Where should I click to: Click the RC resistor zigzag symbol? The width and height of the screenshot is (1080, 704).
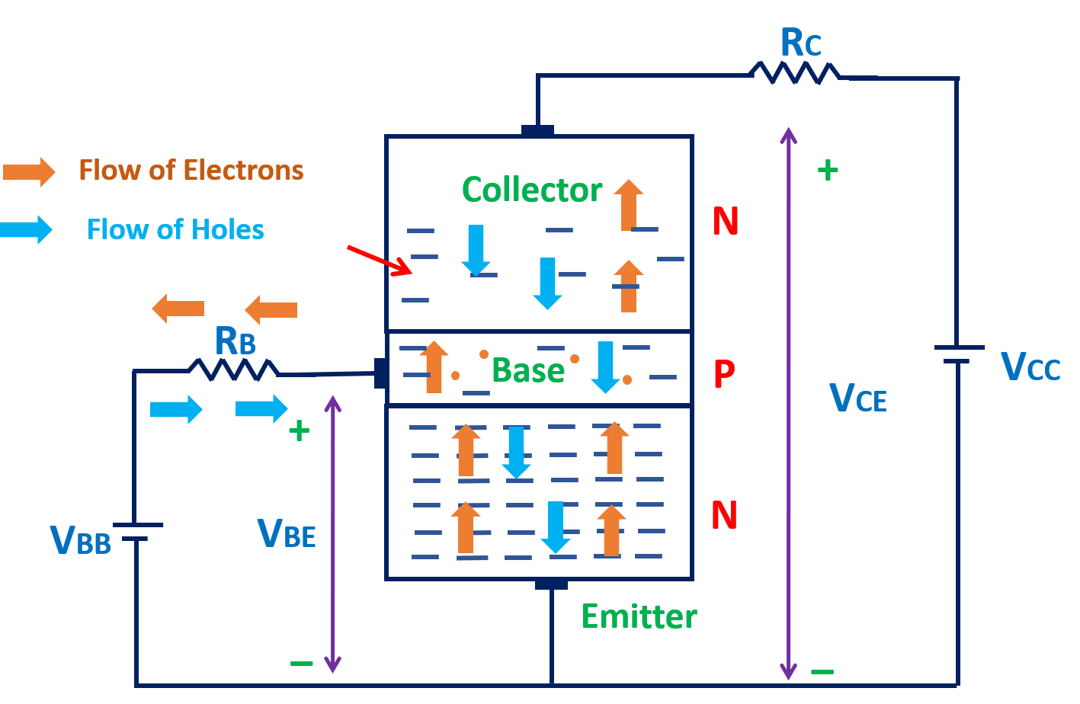tap(794, 72)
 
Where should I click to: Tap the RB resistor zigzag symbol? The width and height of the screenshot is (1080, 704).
tap(233, 370)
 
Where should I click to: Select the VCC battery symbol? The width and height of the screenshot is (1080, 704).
tap(957, 354)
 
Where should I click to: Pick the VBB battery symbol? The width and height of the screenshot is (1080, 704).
tap(136, 532)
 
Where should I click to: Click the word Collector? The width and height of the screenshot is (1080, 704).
tap(531, 190)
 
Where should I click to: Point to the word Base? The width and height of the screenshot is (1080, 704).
tap(527, 371)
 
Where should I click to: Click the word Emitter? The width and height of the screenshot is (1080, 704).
tap(639, 616)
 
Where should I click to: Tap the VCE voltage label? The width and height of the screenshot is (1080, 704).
tap(857, 397)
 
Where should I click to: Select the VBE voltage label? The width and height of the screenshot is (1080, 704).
tap(287, 533)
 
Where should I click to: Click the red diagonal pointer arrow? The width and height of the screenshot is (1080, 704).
tap(380, 260)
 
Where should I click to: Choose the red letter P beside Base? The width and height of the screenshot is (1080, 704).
tap(724, 373)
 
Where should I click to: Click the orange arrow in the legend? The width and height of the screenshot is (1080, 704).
tap(28, 171)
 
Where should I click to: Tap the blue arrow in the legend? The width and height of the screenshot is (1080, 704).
tap(27, 229)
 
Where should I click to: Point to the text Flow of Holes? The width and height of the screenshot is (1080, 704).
tap(175, 229)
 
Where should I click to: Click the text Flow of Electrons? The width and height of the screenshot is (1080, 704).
tap(191, 170)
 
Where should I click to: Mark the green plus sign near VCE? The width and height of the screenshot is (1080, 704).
tap(828, 170)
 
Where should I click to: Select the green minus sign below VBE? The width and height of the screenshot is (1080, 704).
tap(301, 663)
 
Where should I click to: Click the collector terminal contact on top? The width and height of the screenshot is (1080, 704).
tap(537, 131)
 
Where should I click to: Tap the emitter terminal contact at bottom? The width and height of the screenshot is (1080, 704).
tap(551, 584)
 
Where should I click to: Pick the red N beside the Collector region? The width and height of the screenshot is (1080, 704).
tap(725, 222)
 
